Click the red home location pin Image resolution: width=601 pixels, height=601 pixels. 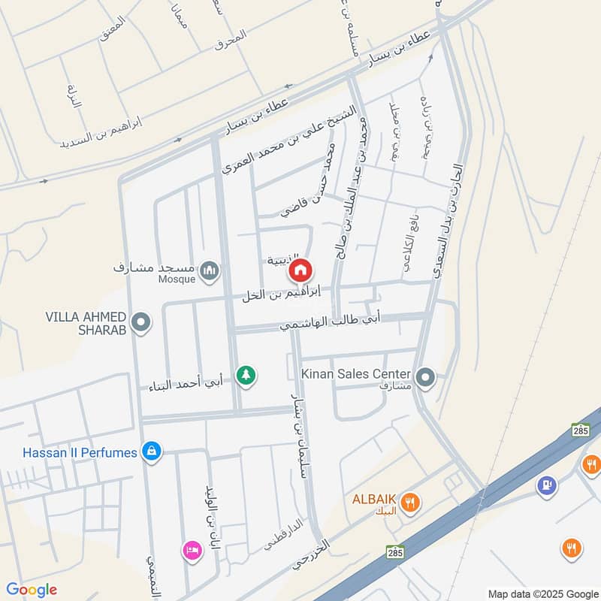300,270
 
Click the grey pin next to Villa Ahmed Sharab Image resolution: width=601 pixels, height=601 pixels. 140,323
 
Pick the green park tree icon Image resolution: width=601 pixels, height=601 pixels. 245,375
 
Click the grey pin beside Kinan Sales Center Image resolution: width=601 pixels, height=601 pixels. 425,377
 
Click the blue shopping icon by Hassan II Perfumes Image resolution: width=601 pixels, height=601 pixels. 152,452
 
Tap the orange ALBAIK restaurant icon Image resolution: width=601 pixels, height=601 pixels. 410,502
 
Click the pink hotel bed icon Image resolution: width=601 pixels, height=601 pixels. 192,551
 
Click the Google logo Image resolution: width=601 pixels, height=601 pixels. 31,590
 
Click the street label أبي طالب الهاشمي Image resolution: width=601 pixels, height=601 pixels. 331,322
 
